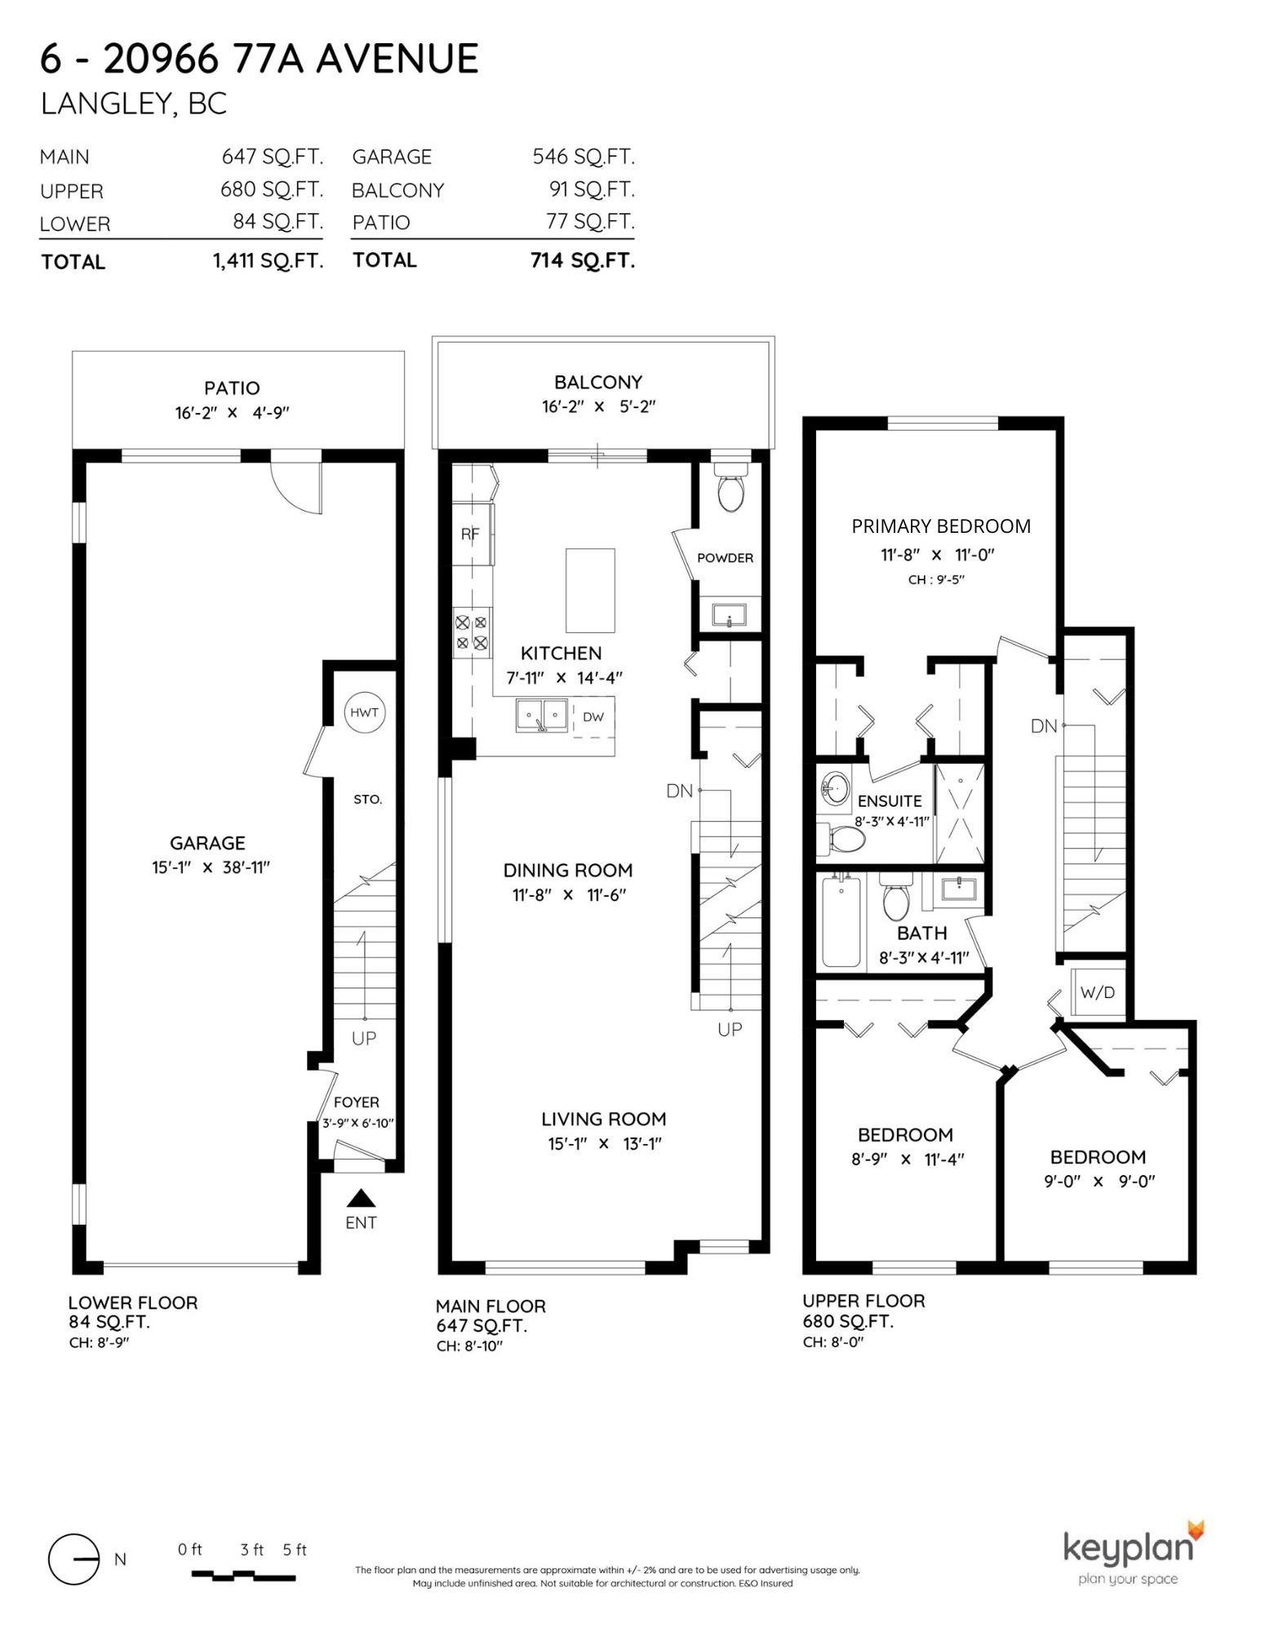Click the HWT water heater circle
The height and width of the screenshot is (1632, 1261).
364,712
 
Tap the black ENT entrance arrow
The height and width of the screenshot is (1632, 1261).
361,1198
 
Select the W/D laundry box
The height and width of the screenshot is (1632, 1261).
1098,992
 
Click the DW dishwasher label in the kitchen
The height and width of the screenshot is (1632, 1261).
593,717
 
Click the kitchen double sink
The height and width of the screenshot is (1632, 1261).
541,716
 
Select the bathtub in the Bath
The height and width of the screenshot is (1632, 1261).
840,921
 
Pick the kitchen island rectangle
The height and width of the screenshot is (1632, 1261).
590,590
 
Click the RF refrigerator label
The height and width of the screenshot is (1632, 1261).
470,534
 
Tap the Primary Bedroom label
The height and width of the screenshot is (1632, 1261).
941,526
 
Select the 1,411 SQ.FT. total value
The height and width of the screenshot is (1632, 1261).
269,260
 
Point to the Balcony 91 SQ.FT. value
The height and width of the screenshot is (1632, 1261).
592,189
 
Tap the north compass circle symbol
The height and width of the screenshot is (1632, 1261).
73,1559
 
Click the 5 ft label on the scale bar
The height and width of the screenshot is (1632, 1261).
295,1550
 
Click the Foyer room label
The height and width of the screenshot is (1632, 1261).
357,1102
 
